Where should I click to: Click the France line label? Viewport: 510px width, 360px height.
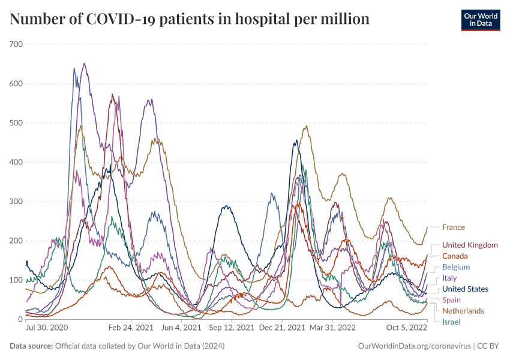tap(453, 227)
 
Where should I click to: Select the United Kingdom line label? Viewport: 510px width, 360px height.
tap(470, 245)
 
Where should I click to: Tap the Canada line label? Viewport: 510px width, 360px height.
tap(455, 256)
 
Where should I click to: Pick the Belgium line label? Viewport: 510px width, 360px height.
tap(455, 267)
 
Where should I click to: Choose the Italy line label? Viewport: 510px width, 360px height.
tap(449, 278)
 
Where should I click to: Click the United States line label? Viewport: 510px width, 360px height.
tap(465, 289)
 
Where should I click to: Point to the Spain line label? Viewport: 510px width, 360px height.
tap(451, 300)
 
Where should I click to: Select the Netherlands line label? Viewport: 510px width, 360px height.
tap(463, 311)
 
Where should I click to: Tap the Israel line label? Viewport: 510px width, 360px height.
tap(451, 322)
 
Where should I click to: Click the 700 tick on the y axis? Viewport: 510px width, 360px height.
tap(16, 44)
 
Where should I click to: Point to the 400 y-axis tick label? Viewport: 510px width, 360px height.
tap(16, 162)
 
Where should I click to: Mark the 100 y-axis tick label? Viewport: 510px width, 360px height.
tap(16, 280)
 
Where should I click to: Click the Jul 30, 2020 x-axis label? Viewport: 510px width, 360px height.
tap(47, 329)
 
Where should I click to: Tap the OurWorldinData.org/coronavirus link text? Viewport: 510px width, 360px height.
tap(413, 346)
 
